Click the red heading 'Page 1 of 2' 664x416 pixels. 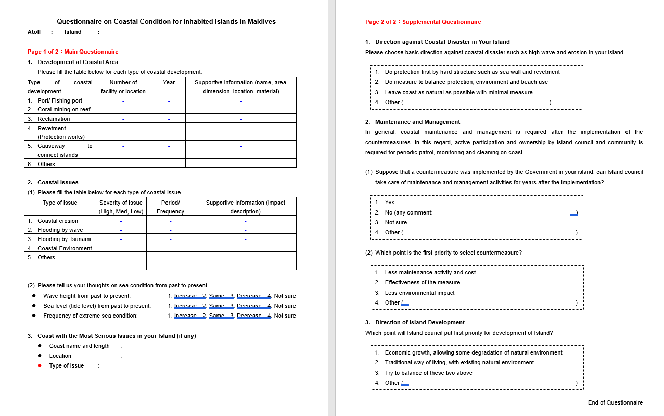(73, 52)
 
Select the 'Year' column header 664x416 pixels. (169, 82)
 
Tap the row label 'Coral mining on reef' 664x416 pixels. (63, 109)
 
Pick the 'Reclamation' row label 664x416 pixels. (54, 119)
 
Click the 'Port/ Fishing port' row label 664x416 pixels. (59, 100)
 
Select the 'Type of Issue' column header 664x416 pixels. (60, 203)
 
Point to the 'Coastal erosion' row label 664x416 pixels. (58, 221)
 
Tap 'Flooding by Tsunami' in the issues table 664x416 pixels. (64, 239)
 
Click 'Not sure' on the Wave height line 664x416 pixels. (285, 296)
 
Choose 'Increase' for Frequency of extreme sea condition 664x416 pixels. (185, 316)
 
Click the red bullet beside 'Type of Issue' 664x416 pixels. (40, 365)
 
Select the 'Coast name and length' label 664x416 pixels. (79, 346)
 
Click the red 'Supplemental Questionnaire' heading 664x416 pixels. (441, 22)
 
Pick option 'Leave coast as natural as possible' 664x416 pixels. (458, 92)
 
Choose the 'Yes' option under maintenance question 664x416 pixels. (390, 202)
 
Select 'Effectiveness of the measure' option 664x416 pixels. (422, 282)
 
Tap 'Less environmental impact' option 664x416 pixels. (419, 293)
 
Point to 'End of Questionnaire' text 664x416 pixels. (615, 402)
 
